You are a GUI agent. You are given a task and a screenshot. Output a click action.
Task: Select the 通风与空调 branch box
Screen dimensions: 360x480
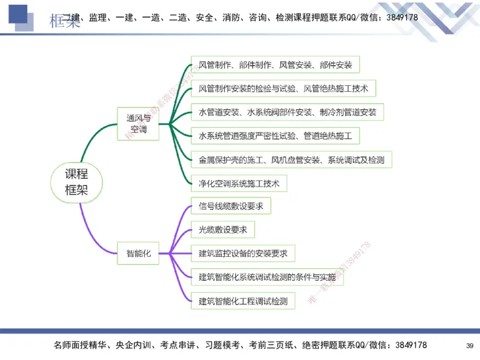(138, 124)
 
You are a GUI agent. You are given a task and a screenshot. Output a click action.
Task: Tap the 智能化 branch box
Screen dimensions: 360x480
(138, 253)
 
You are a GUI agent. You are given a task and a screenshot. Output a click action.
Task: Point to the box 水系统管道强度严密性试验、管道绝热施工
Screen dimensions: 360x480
(275, 136)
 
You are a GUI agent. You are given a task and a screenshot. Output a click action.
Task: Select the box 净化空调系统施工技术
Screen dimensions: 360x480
(239, 183)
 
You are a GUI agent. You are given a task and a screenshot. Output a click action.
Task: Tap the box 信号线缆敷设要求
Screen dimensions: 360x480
(231, 206)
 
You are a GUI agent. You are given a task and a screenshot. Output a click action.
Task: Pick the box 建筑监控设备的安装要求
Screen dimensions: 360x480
(243, 253)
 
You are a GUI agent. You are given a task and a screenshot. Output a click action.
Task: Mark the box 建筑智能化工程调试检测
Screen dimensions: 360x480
(243, 301)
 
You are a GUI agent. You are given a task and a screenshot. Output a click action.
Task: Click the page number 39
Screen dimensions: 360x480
(469, 346)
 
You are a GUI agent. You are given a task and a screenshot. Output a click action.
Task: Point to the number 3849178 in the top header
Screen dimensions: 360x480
(398, 17)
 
